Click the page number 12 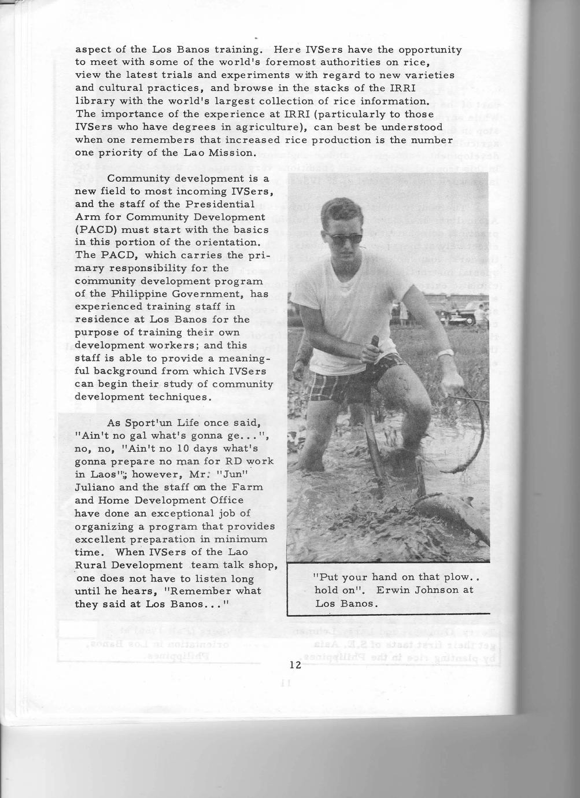click(x=295, y=665)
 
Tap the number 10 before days click(x=147, y=449)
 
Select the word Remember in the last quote click(x=195, y=591)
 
